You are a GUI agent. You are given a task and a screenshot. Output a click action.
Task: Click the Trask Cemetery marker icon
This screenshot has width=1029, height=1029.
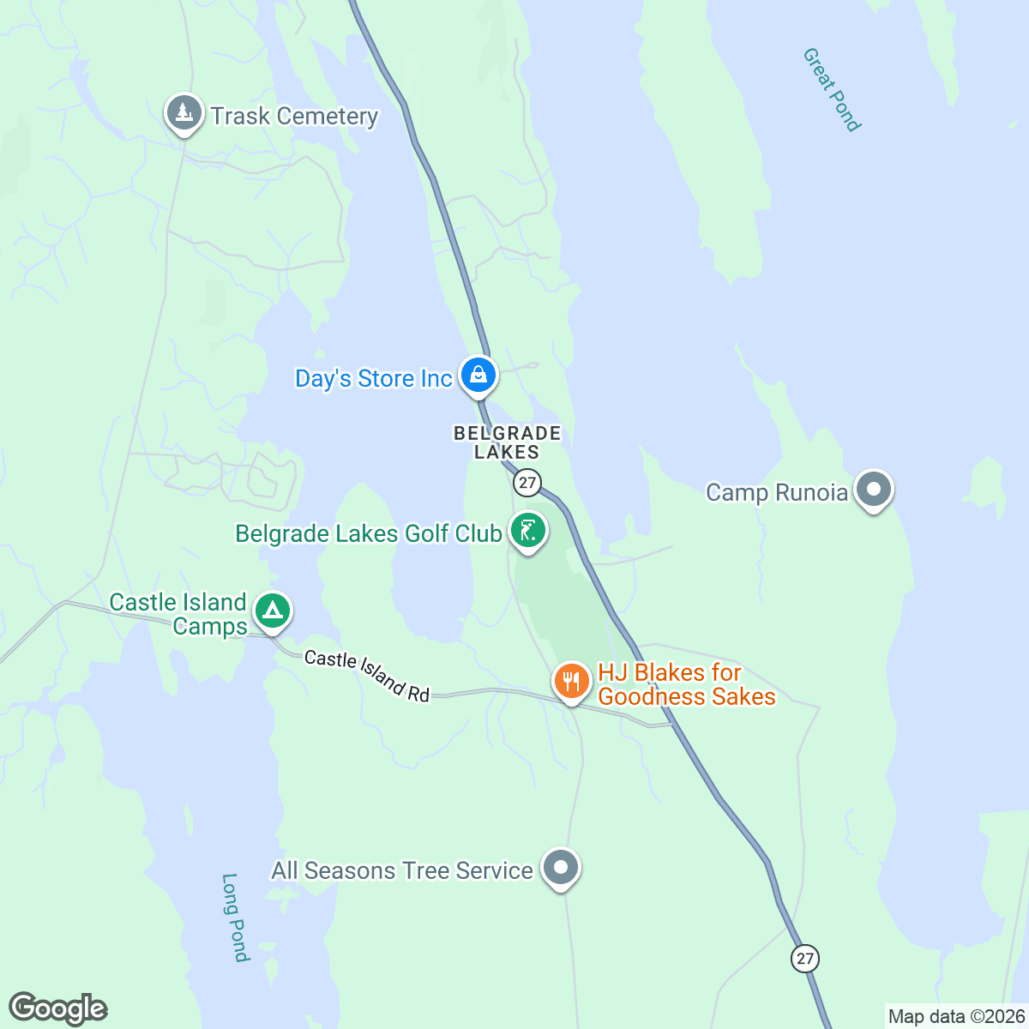pyautogui.click(x=183, y=112)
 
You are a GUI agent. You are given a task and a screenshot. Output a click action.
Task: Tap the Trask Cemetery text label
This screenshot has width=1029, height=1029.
pyautogui.click(x=294, y=116)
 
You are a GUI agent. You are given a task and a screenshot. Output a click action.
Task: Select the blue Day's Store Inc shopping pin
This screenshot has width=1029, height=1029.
pyautogui.click(x=478, y=375)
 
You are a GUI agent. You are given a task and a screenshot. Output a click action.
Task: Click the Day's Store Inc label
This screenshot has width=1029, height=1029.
pyautogui.click(x=373, y=378)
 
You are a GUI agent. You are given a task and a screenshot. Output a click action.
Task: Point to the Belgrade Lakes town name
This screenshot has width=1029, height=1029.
pyautogui.click(x=507, y=442)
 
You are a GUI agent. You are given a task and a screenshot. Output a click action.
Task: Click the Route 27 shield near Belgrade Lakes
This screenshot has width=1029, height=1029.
pyautogui.click(x=527, y=483)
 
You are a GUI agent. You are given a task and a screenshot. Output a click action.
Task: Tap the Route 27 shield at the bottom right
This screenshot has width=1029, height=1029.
pyautogui.click(x=804, y=958)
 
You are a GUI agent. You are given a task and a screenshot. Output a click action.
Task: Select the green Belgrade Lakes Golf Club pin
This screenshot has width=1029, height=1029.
pyautogui.click(x=528, y=531)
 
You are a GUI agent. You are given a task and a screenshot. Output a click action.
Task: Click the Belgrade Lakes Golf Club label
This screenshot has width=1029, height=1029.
pyautogui.click(x=368, y=533)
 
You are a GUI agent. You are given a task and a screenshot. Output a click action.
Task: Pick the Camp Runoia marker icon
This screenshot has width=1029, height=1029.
pyautogui.click(x=874, y=490)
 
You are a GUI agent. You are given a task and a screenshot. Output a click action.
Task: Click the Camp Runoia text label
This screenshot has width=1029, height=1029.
pyautogui.click(x=776, y=492)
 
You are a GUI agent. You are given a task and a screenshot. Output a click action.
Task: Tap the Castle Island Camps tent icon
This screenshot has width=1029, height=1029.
pyautogui.click(x=273, y=611)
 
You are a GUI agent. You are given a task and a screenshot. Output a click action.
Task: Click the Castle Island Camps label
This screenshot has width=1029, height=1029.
pyautogui.click(x=178, y=614)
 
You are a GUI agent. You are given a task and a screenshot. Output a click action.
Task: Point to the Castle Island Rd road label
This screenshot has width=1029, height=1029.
pyautogui.click(x=367, y=676)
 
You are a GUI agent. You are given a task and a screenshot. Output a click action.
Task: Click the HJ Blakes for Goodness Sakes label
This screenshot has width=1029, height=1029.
pyautogui.click(x=686, y=684)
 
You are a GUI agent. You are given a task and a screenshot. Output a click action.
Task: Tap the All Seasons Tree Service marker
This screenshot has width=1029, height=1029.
pyautogui.click(x=561, y=868)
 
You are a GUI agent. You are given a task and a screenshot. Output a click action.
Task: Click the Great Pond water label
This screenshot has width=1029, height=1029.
pyautogui.click(x=831, y=89)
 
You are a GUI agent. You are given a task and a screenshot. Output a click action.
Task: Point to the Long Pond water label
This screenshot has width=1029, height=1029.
pyautogui.click(x=234, y=918)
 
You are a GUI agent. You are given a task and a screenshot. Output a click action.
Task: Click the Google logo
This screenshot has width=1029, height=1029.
pyautogui.click(x=57, y=1009)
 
